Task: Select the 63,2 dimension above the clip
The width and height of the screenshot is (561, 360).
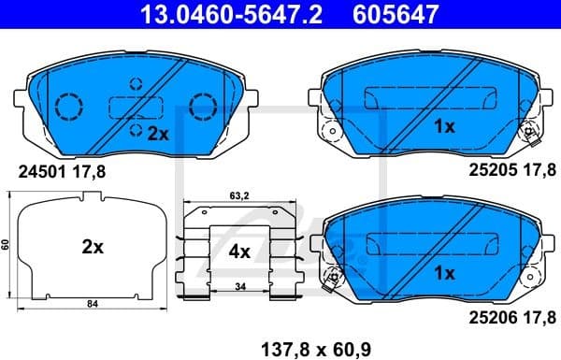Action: (240, 197)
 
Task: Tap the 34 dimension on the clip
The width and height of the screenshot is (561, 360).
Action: (239, 286)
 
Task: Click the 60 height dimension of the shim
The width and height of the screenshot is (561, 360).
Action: (6, 244)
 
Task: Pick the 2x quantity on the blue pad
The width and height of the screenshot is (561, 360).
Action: (157, 134)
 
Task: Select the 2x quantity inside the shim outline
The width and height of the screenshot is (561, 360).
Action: (91, 249)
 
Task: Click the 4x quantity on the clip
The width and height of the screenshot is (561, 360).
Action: (239, 251)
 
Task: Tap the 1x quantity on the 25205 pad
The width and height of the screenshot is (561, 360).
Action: (443, 127)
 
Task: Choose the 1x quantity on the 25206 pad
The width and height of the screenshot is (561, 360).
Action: (443, 273)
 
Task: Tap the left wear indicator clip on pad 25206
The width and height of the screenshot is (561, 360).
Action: (329, 278)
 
